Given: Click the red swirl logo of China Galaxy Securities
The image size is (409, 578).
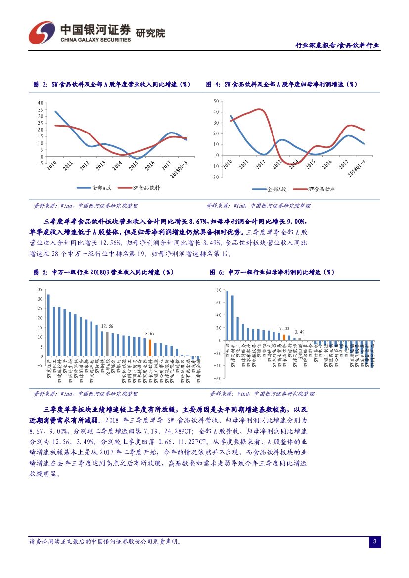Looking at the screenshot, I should coord(41,33).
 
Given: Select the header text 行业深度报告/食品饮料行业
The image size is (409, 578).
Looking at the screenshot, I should coord(337,45).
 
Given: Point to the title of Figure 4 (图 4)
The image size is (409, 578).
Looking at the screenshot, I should coord(281,85).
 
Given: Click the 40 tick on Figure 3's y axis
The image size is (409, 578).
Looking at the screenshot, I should coord(40,102).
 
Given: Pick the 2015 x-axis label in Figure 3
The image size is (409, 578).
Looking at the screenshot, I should coord(133,165).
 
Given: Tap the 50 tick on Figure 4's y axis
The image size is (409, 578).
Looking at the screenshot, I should coord(216,101).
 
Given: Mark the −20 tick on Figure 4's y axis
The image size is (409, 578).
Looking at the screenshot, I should coord(214,177).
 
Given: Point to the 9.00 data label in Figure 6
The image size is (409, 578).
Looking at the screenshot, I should coord(284,328).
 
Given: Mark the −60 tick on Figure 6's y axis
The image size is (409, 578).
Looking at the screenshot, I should coord(217,378).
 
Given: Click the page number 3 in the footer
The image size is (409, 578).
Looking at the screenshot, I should coord(374,542).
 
